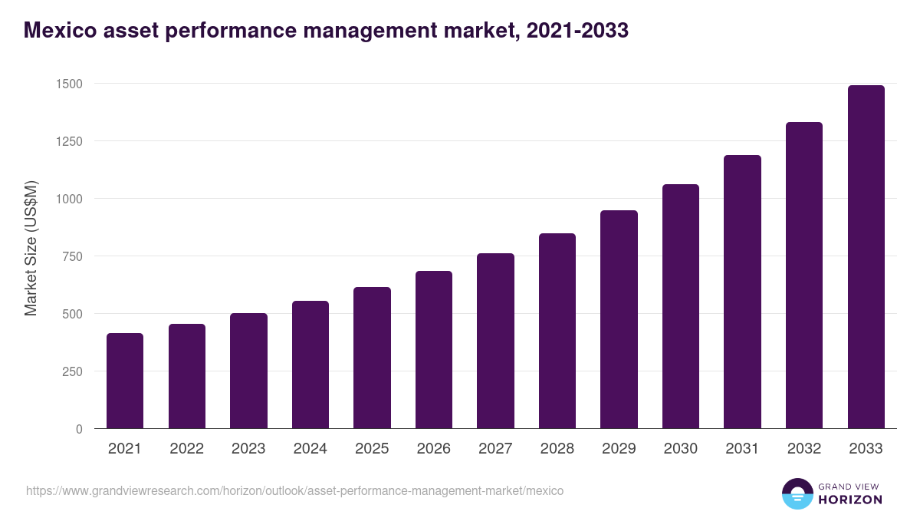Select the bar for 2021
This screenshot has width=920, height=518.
coord(125,381)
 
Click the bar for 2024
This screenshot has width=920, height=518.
coord(310,365)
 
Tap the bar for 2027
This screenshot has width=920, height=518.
coord(495,341)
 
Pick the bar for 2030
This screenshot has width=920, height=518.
coord(681,306)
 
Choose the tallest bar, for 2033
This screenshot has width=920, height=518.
coord(866,257)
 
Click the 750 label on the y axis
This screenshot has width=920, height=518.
coord(71,256)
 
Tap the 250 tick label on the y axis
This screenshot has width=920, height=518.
coord(71,371)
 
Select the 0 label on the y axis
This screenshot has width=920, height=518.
coord(79,429)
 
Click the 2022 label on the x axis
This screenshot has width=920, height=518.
coord(186,449)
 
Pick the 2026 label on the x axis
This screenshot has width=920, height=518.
coord(433,449)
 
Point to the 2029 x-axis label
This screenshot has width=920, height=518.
coord(619,449)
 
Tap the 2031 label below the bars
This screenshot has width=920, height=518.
coord(742,449)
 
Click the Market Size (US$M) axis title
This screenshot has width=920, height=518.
coord(31,249)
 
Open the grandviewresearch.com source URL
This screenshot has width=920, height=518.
coord(294,490)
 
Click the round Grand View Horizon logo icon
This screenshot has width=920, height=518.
coord(797,493)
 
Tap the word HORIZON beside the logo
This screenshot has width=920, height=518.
coord(849,500)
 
